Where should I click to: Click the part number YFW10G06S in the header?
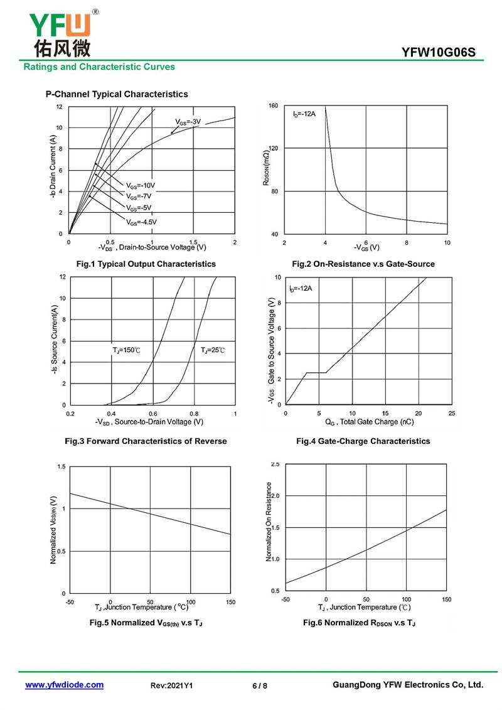pyautogui.click(x=438, y=53)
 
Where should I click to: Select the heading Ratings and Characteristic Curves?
pyautogui.click(x=99, y=67)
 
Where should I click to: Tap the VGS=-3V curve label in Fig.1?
pyautogui.click(x=188, y=122)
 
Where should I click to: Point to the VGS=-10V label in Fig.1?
pyautogui.click(x=141, y=186)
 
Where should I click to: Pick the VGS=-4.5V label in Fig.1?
pyautogui.click(x=141, y=222)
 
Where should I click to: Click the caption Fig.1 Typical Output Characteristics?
pyautogui.click(x=146, y=264)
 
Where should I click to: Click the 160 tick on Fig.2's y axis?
pyautogui.click(x=274, y=106)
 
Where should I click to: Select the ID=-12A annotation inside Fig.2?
pyautogui.click(x=304, y=114)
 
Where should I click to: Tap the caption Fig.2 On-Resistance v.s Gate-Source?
pyautogui.click(x=363, y=264)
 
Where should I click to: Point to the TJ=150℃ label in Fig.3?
pyautogui.click(x=126, y=350)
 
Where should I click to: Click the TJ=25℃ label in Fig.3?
pyautogui.click(x=212, y=350)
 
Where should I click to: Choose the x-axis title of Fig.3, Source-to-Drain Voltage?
pyautogui.click(x=149, y=422)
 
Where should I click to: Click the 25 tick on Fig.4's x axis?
pyautogui.click(x=452, y=414)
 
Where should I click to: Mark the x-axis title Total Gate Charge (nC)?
pyautogui.click(x=370, y=422)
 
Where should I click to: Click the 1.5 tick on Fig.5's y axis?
pyautogui.click(x=61, y=466)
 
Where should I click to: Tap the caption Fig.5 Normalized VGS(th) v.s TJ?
pyautogui.click(x=146, y=623)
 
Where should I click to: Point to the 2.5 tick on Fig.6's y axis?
pyautogui.click(x=275, y=464)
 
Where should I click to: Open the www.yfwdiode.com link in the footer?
pyautogui.click(x=64, y=685)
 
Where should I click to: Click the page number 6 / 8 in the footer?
pyautogui.click(x=260, y=686)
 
